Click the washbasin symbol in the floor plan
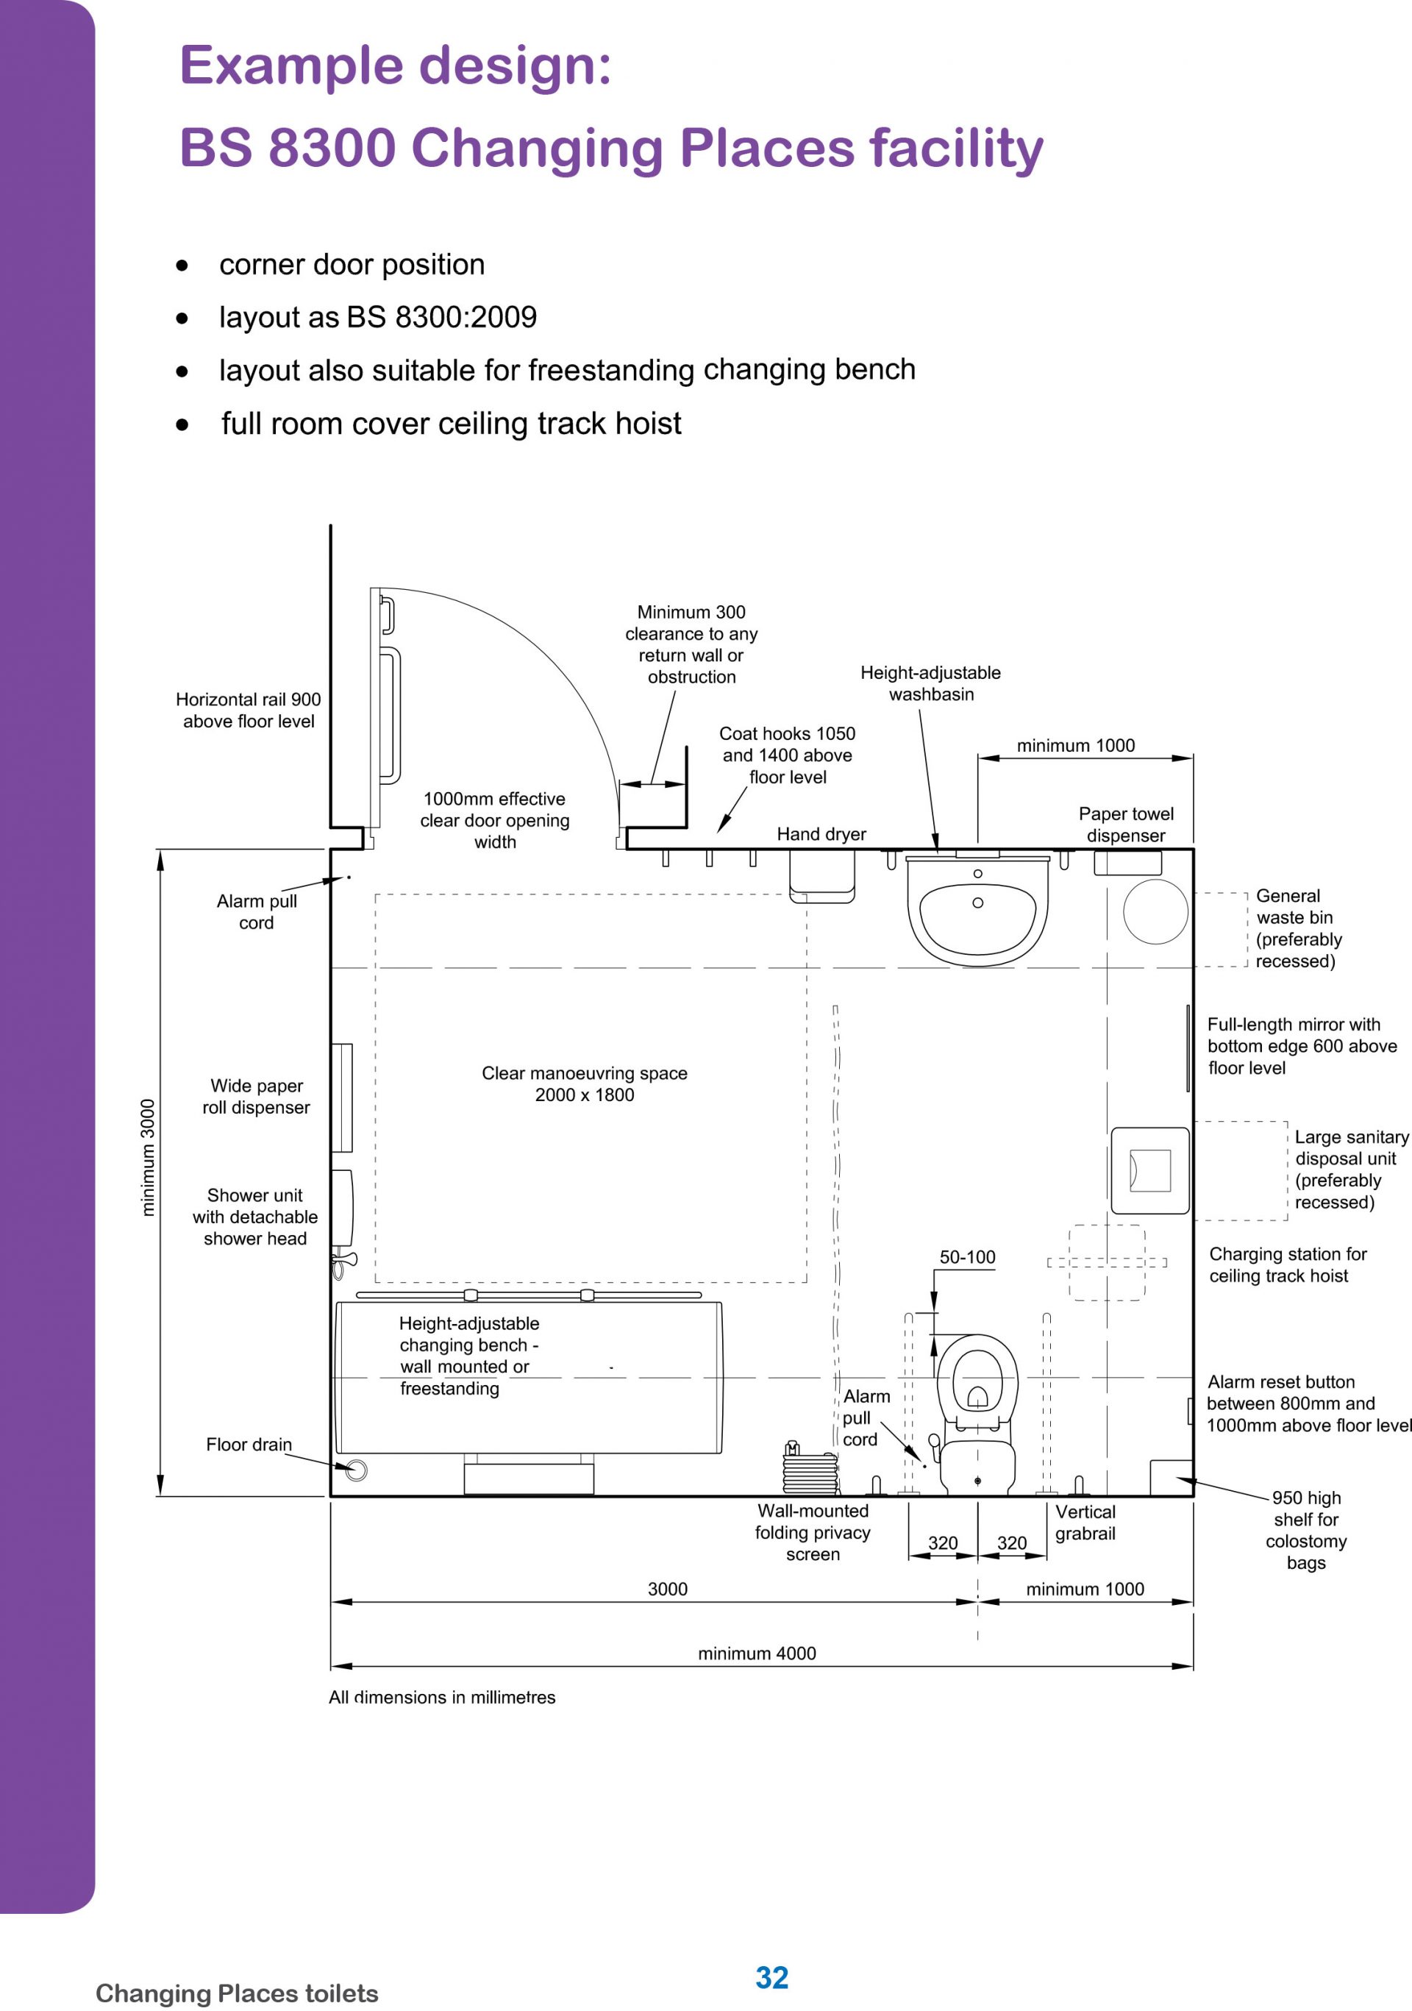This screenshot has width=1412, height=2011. click(977, 911)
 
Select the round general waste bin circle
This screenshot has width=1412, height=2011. click(1155, 912)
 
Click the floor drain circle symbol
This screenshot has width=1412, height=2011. click(356, 1470)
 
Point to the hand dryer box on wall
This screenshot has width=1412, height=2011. click(821, 876)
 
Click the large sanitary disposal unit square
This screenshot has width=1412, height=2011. click(1149, 1170)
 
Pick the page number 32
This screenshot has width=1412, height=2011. click(771, 1977)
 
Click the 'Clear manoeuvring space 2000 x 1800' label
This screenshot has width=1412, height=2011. click(584, 1083)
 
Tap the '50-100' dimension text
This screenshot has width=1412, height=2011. click(967, 1257)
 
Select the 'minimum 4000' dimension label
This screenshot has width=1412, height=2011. click(757, 1653)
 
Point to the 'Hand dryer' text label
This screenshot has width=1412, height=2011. click(821, 834)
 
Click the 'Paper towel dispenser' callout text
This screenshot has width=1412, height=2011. click(1126, 825)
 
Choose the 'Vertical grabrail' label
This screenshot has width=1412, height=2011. click(1085, 1523)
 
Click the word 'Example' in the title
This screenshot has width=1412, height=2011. click(289, 65)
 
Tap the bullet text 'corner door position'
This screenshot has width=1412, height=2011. click(352, 265)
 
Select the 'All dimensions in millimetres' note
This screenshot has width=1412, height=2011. click(441, 1697)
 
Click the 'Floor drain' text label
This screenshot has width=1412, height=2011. click(249, 1445)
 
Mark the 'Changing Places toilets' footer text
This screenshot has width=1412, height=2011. click(237, 1993)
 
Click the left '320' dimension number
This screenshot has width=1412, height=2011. click(943, 1542)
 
